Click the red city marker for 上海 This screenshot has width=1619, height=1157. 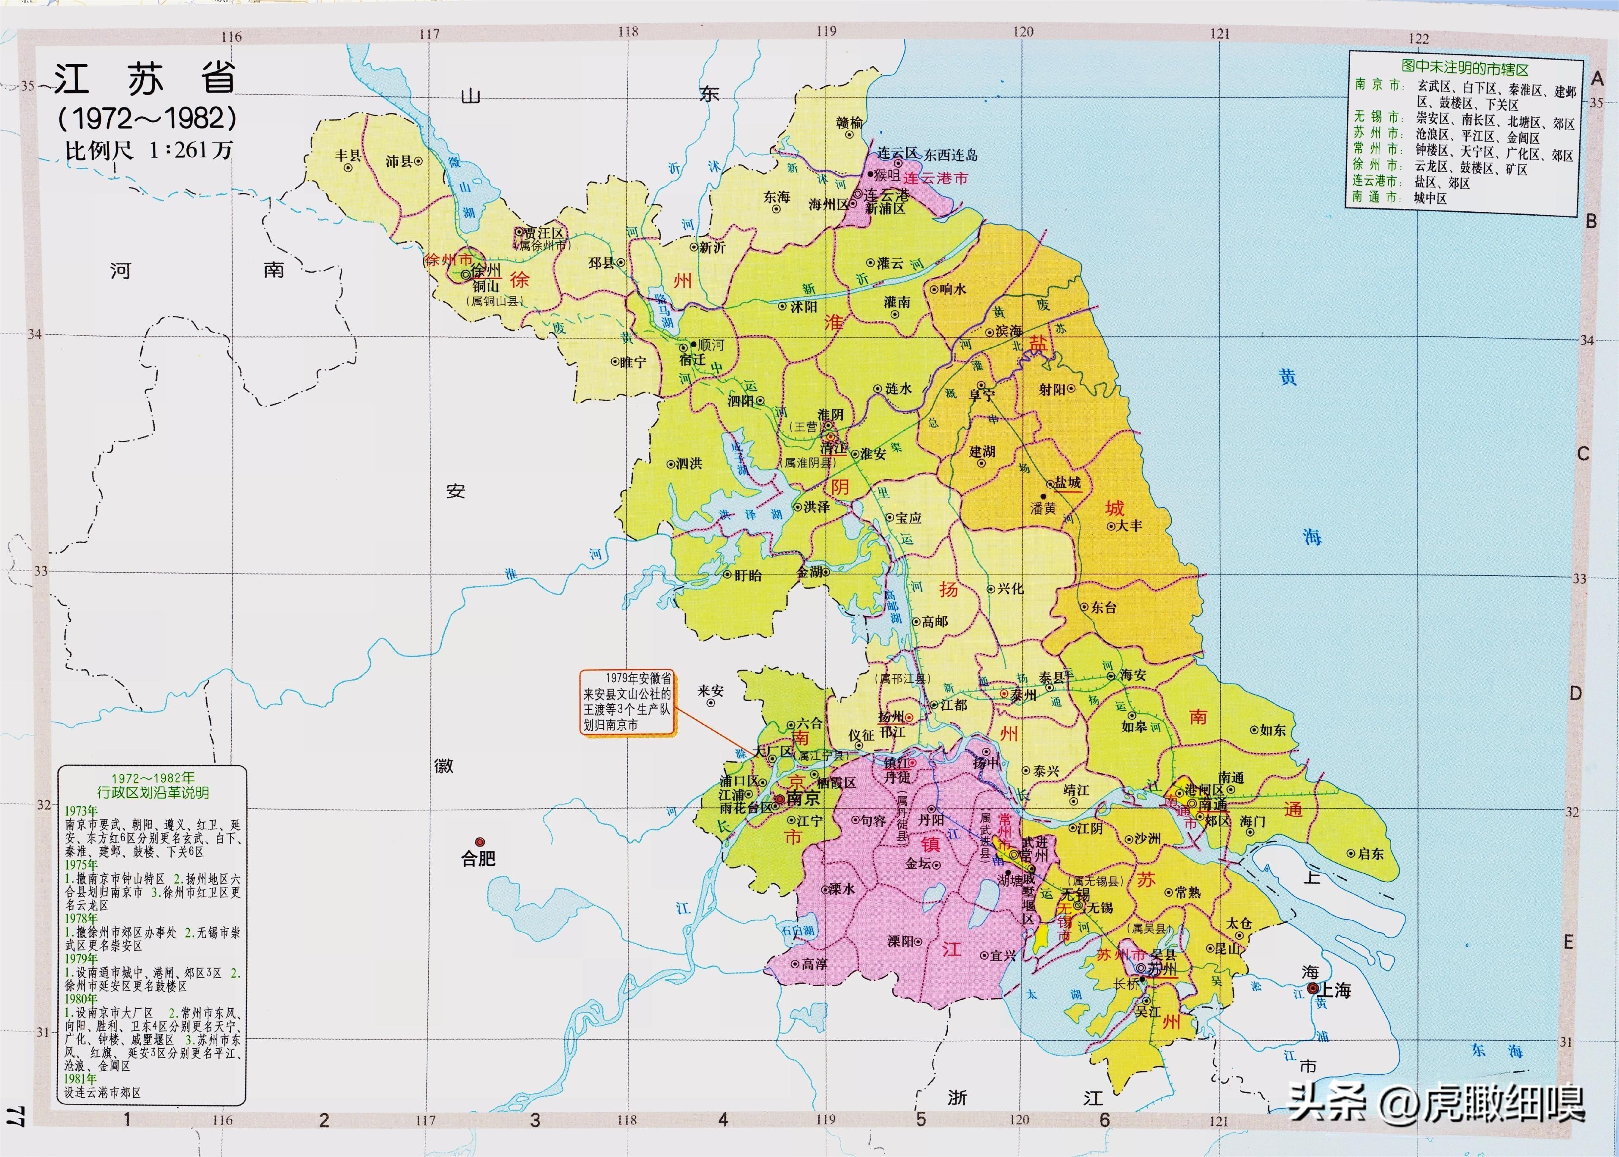[1312, 988]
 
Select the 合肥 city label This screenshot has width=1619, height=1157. [478, 859]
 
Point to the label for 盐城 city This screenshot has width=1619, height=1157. [1067, 482]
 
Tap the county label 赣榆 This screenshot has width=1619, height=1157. [850, 123]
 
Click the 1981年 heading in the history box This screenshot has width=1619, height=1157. [80, 1079]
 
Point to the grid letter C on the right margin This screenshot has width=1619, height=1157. [1583, 454]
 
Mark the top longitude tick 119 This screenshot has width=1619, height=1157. [826, 31]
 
